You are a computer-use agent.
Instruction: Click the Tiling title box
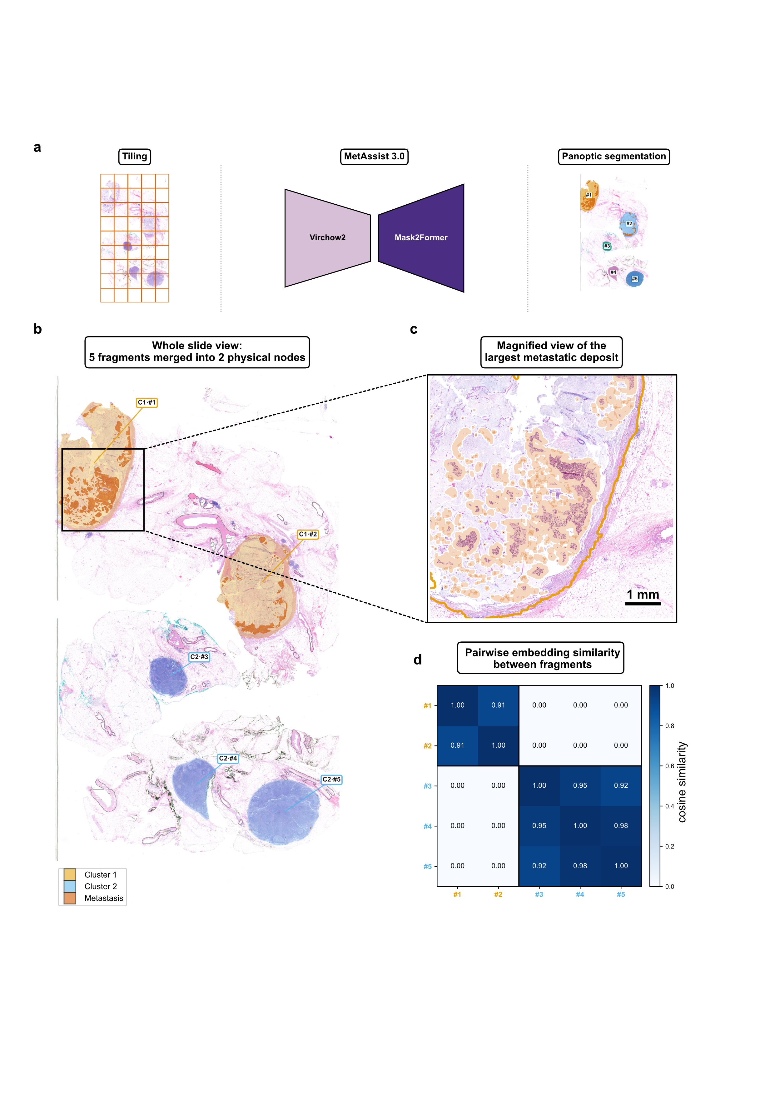click(135, 157)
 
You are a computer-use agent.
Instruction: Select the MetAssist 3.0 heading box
click(374, 157)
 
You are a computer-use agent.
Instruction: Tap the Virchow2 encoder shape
click(327, 238)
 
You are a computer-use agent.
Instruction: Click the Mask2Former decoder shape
click(421, 238)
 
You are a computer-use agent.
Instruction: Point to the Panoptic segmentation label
click(614, 157)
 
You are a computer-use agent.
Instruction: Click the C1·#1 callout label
click(147, 402)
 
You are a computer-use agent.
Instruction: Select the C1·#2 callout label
click(308, 534)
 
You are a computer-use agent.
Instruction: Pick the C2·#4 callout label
click(228, 758)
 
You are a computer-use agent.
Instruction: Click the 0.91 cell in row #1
click(498, 705)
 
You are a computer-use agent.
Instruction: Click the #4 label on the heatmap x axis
click(580, 894)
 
